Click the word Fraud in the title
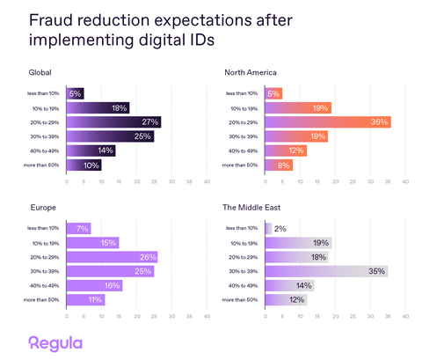pos(54,19)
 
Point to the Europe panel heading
pos(42,208)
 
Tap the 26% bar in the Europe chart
pos(112,257)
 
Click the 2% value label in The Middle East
pos(280,229)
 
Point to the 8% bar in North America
pos(278,165)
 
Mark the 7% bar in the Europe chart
pos(78,229)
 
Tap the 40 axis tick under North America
pos(405,181)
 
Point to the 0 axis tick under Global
pos(67,181)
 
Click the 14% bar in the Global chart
pos(91,151)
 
